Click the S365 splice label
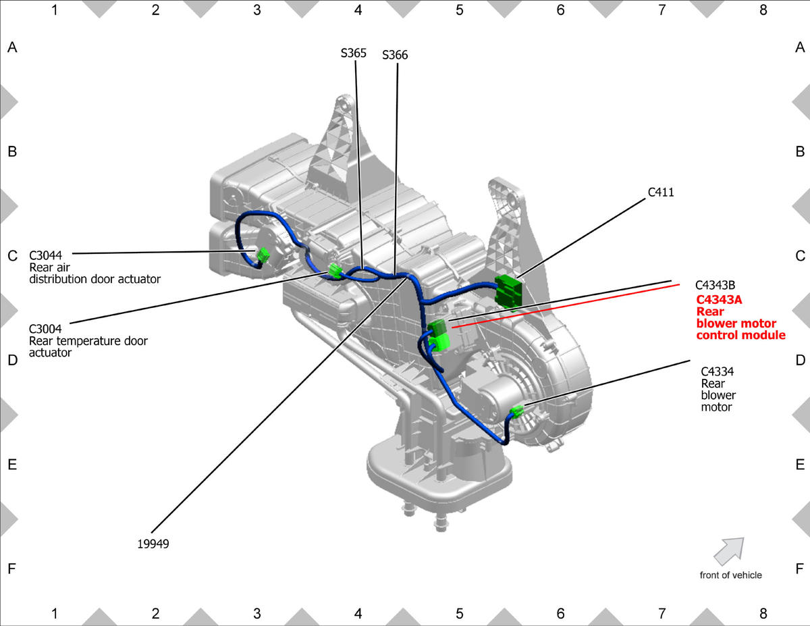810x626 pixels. click(354, 53)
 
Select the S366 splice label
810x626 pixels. click(395, 55)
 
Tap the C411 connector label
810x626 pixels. click(661, 192)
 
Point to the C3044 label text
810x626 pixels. click(45, 255)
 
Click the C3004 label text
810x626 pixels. click(45, 329)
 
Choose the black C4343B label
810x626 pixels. click(715, 285)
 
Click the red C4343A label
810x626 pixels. click(719, 299)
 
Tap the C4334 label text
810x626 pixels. click(717, 371)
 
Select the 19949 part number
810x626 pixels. click(153, 544)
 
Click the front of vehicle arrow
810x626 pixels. click(729, 550)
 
